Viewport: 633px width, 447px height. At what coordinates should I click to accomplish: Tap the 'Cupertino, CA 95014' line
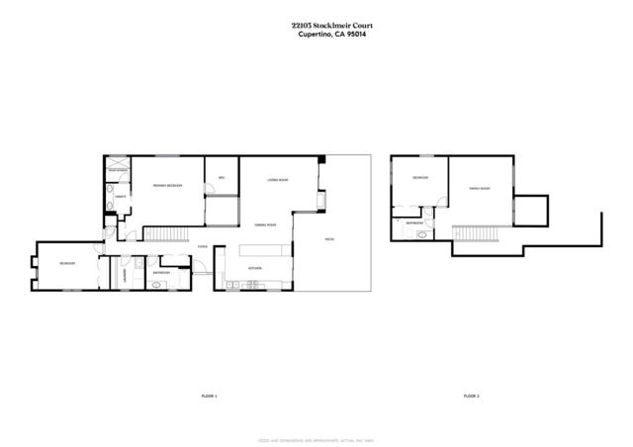click(x=316, y=37)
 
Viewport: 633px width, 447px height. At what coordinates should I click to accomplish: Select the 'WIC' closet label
click(x=222, y=178)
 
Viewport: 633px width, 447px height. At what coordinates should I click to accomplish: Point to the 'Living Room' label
click(x=277, y=180)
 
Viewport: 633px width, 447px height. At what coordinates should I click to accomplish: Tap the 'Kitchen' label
click(x=254, y=268)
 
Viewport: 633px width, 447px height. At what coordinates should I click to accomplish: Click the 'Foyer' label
click(x=202, y=247)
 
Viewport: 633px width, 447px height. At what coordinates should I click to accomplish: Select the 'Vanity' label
click(x=120, y=198)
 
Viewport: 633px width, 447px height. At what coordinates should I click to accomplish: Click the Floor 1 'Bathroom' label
click(x=161, y=273)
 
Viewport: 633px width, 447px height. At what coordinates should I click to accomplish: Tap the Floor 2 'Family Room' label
click(x=479, y=188)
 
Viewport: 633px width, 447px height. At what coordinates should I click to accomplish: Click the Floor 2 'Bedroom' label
click(x=420, y=178)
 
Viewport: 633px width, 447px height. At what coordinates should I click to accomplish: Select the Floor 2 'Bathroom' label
click(x=414, y=223)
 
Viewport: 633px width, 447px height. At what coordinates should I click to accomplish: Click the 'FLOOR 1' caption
click(x=208, y=396)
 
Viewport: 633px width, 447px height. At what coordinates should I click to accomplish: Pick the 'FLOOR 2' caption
click(x=471, y=396)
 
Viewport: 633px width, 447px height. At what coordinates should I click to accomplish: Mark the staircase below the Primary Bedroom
click(x=168, y=232)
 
